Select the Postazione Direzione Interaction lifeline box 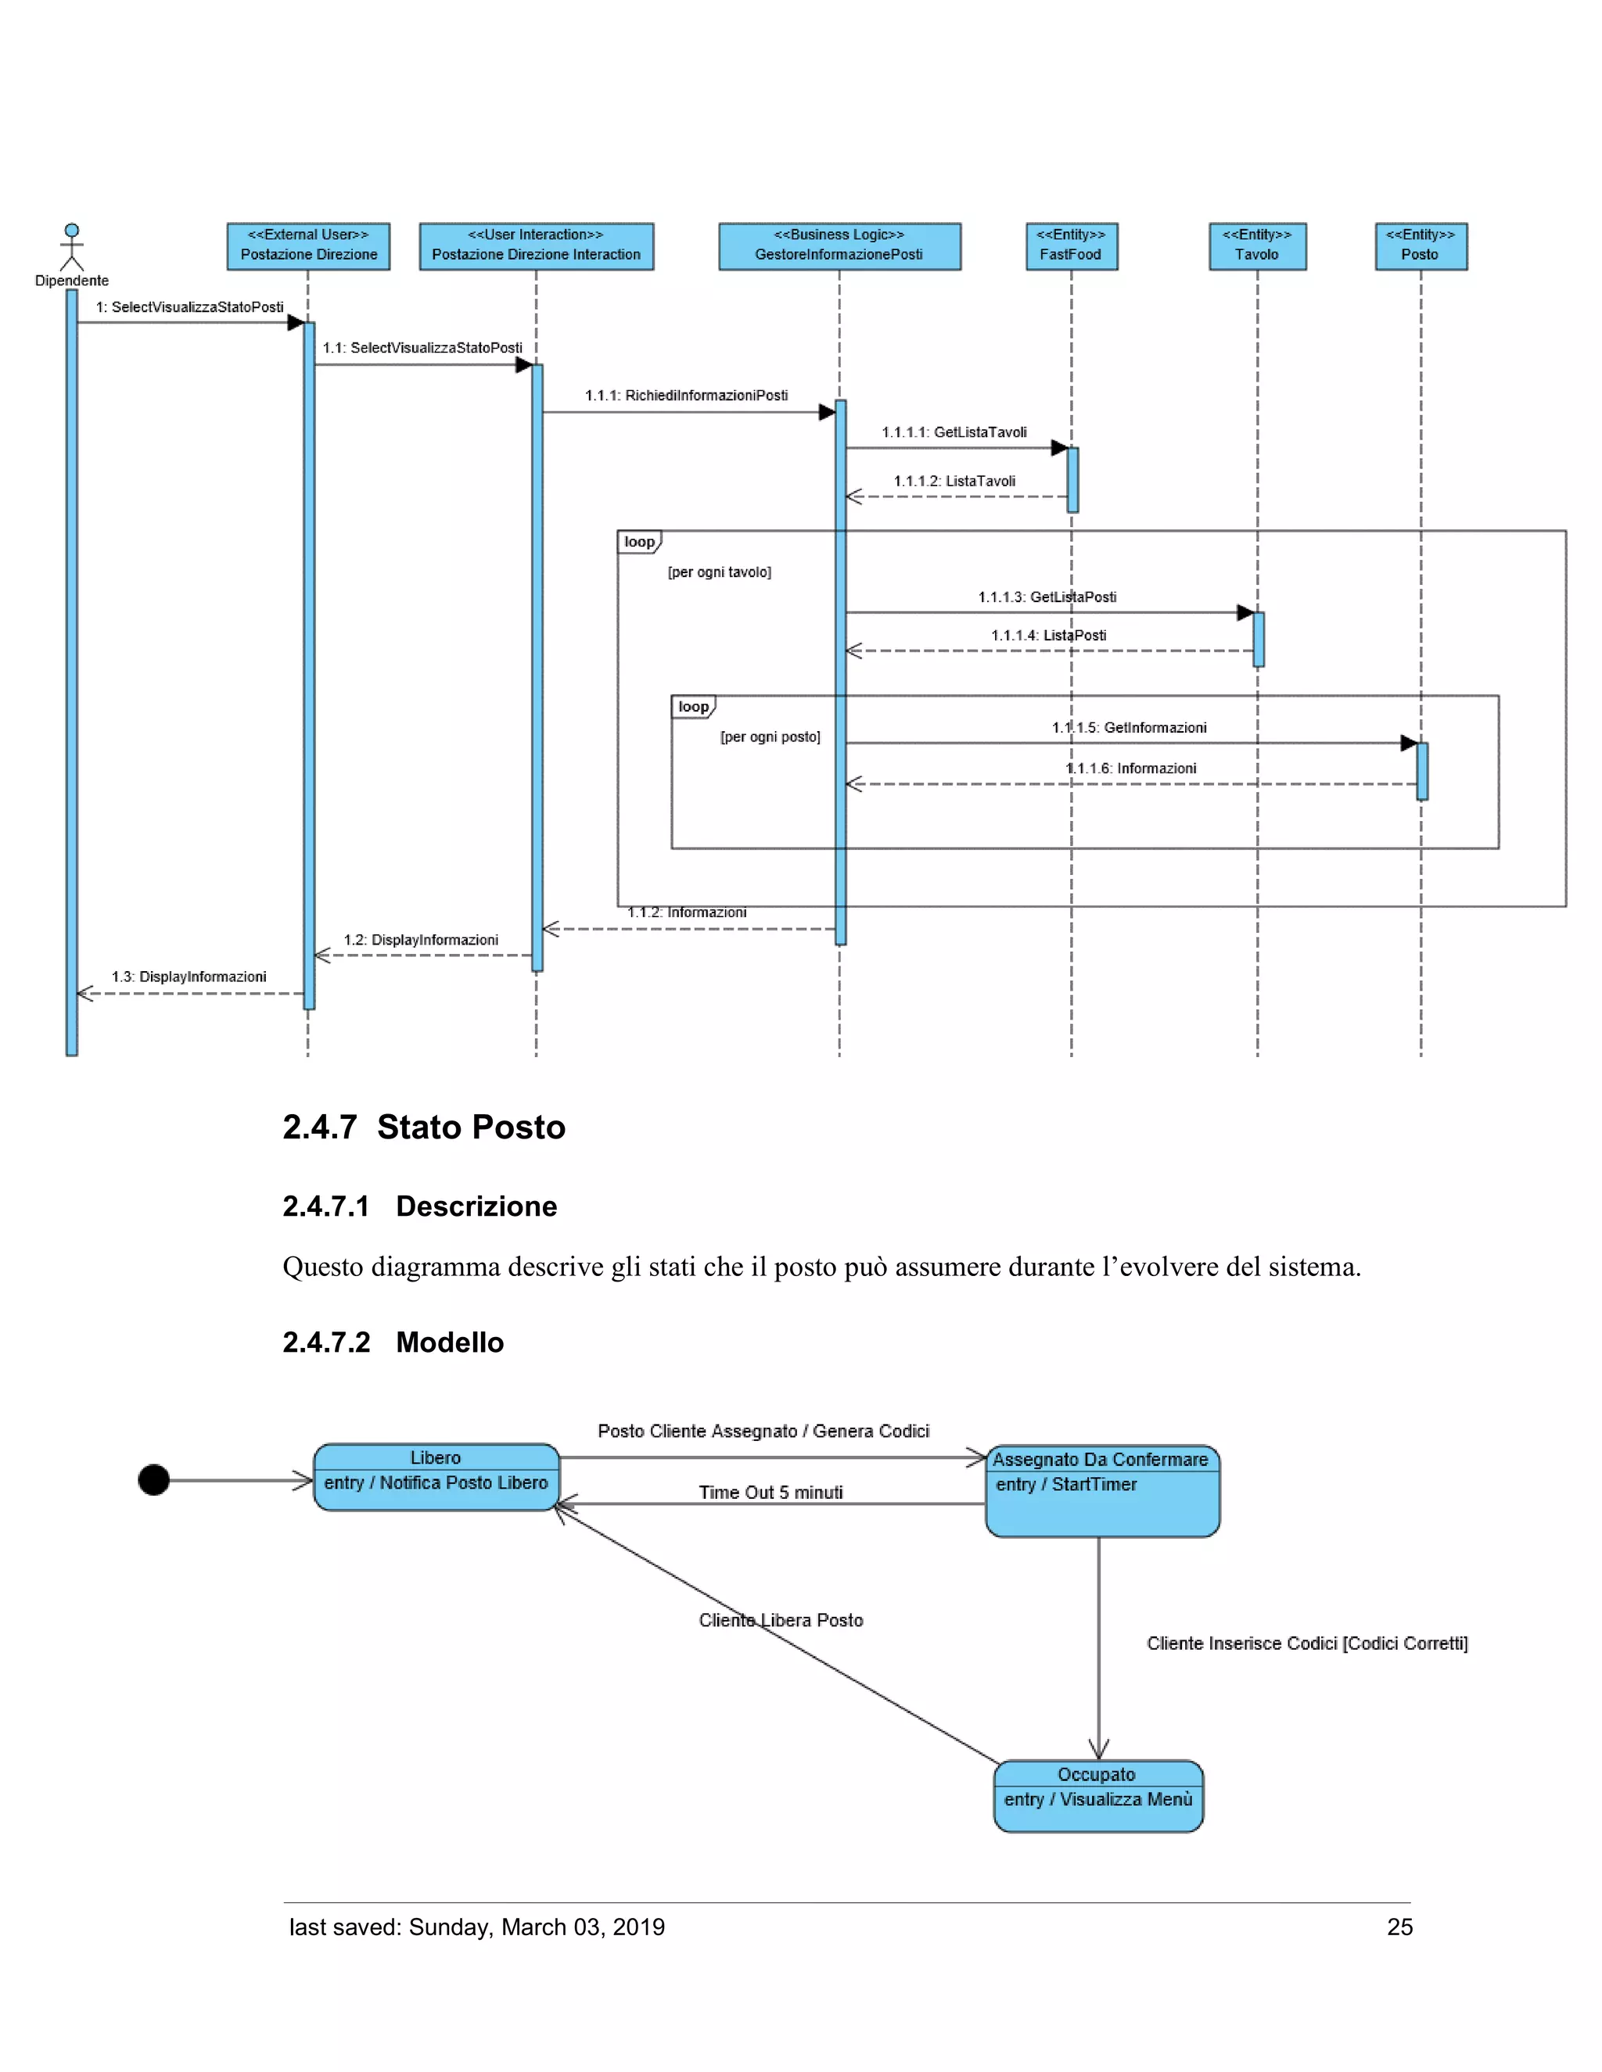coord(536,246)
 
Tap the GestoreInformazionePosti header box coord(839,246)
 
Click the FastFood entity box coord(1071,246)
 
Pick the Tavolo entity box coord(1256,246)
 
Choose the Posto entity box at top coord(1420,246)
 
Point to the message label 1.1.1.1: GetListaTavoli coord(954,432)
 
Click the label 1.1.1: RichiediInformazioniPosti coord(686,396)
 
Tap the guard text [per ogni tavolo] coord(720,572)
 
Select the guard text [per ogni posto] coord(770,737)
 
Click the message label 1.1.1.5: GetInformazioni coord(1129,728)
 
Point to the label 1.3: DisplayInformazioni coord(189,977)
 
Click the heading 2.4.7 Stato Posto coord(423,1127)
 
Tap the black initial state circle coord(154,1480)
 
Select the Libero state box coord(436,1476)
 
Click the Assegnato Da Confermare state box coord(1102,1490)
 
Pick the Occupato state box coord(1098,1795)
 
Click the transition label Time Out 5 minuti coord(770,1493)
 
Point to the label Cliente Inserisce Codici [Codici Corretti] coord(1306,1644)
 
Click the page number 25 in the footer coord(1399,1927)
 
